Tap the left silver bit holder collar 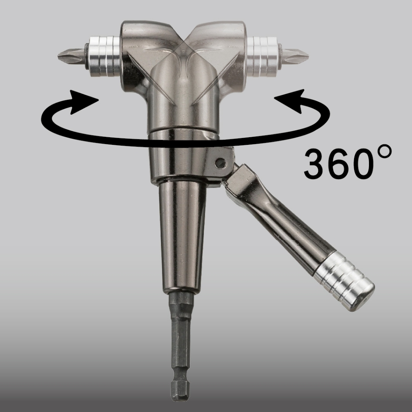point(105,56)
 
